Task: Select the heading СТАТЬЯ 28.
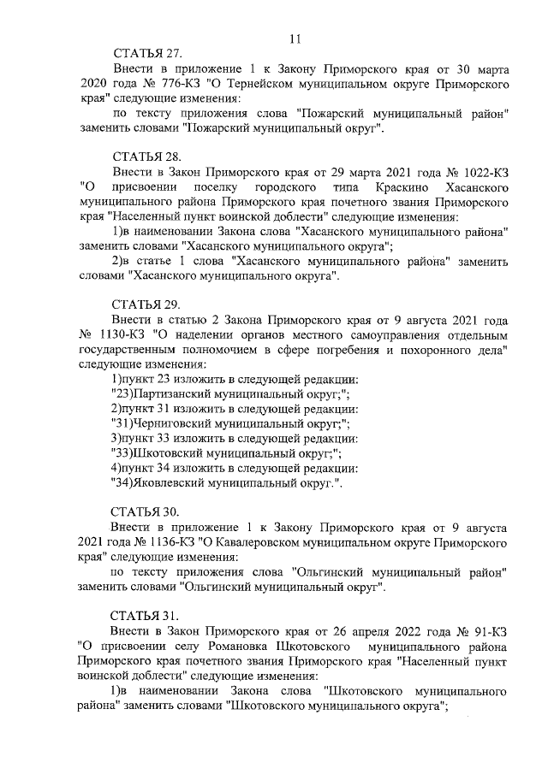pos(146,157)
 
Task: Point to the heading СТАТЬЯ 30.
pos(146,511)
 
